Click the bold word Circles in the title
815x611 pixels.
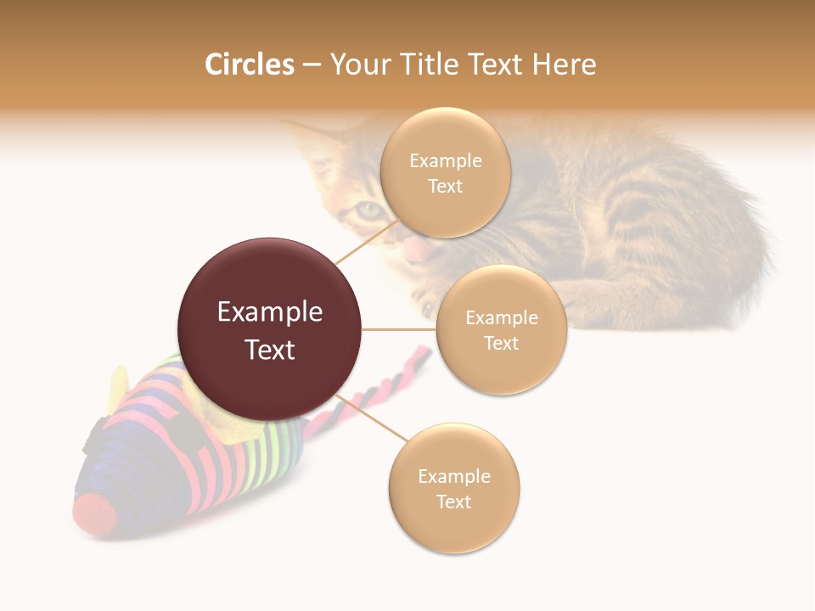click(x=249, y=64)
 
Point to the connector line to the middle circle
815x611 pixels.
click(x=399, y=329)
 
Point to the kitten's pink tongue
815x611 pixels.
click(x=416, y=250)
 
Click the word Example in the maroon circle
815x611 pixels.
click(x=269, y=312)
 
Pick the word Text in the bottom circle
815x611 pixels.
click(x=453, y=502)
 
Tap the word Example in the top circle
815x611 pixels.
click(x=445, y=160)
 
